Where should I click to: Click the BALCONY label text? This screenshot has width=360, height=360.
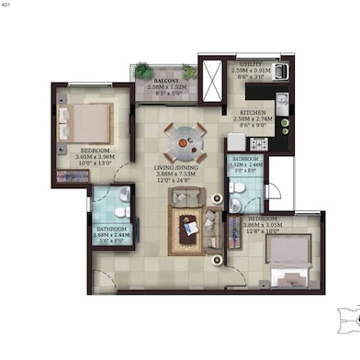click(x=166, y=81)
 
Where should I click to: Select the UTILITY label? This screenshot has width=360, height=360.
click(x=251, y=63)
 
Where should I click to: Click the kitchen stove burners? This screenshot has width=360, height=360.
click(x=258, y=143)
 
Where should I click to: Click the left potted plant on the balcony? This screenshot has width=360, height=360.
click(x=144, y=70)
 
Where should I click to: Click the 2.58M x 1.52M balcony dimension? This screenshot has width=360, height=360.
click(x=166, y=87)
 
